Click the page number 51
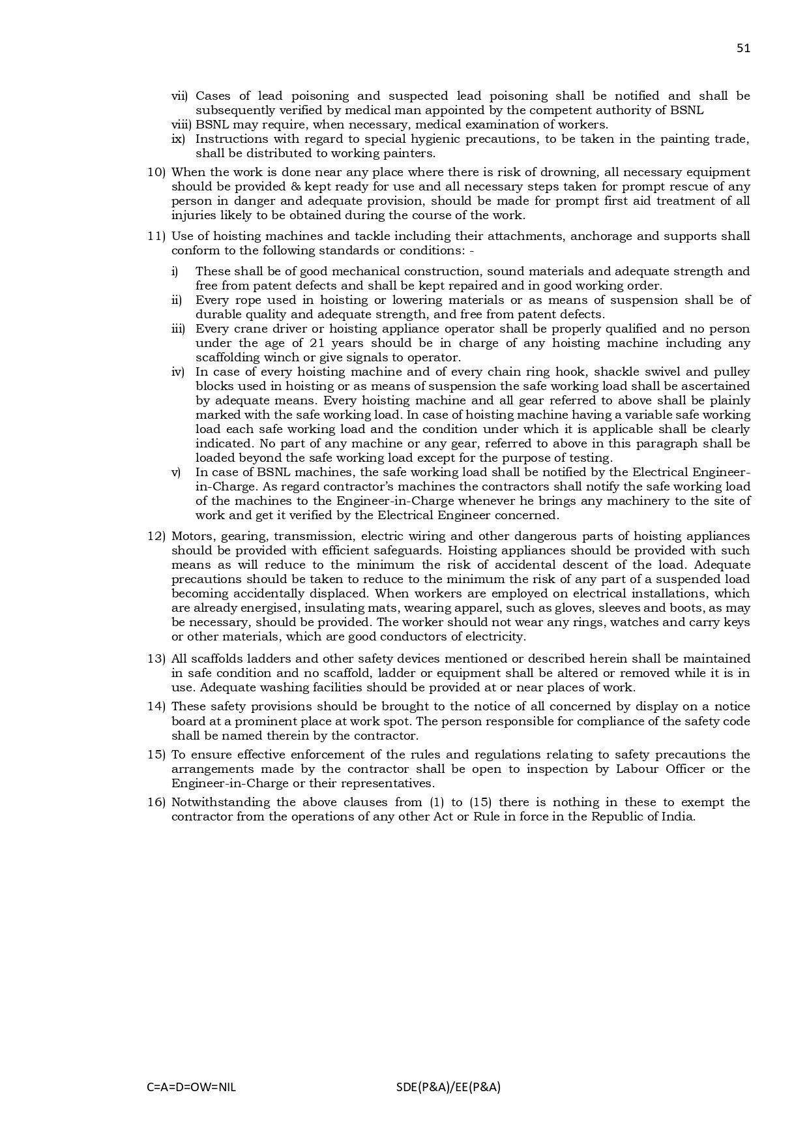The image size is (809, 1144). tap(743, 48)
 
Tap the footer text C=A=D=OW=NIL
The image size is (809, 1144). tap(192, 1087)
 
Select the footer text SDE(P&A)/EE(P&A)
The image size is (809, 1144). tap(448, 1087)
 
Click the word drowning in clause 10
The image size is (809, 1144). tap(567, 172)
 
